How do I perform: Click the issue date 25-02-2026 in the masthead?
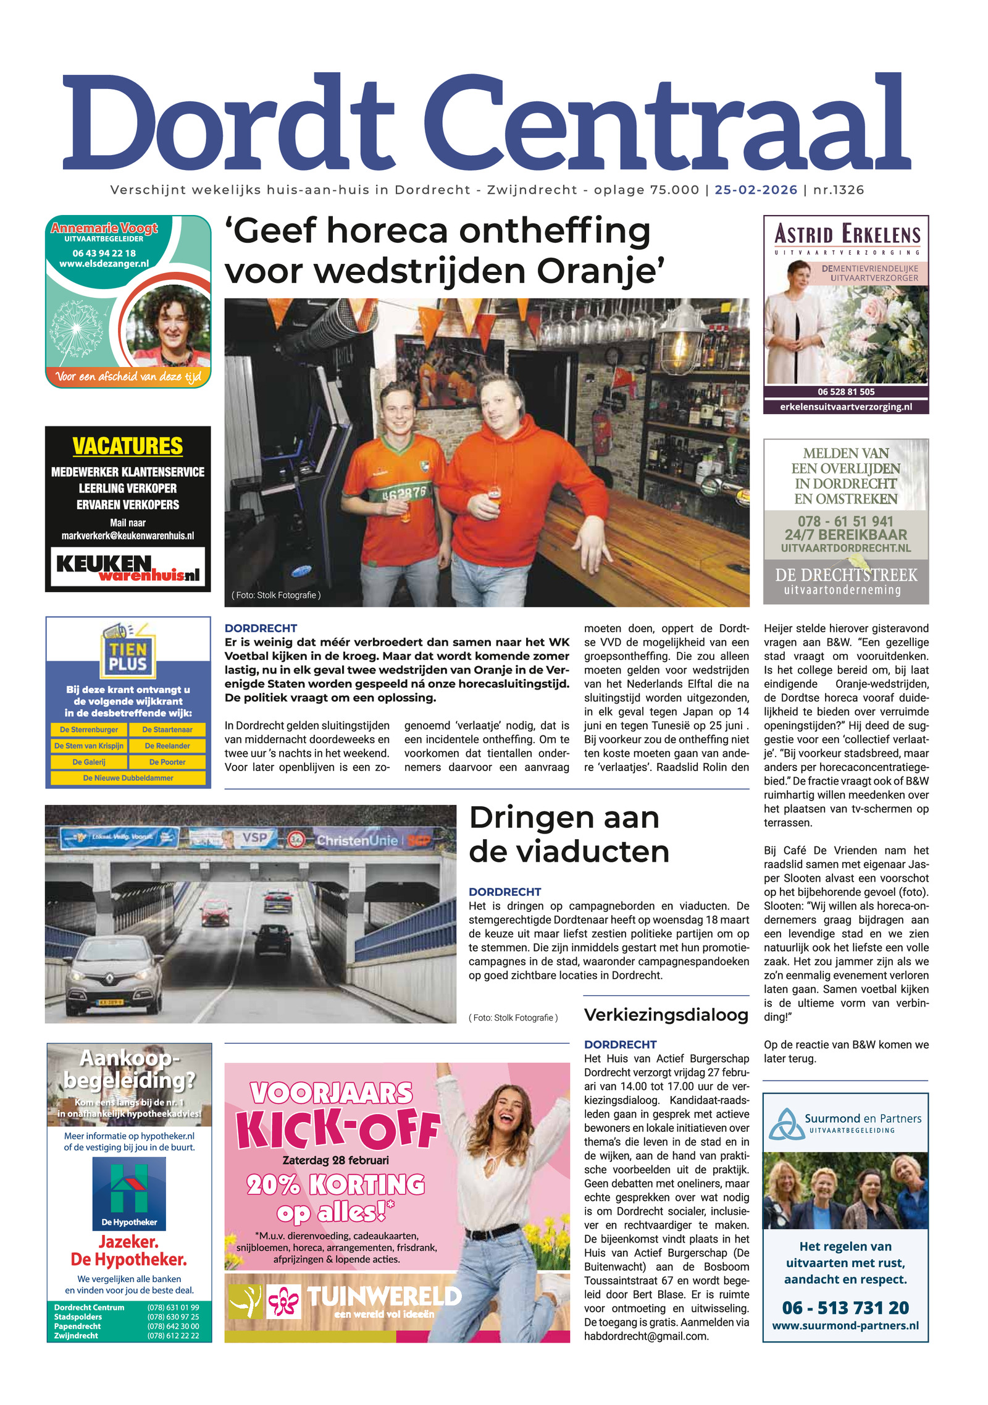(x=755, y=190)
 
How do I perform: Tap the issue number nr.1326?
(x=838, y=190)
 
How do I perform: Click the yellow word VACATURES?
(x=128, y=446)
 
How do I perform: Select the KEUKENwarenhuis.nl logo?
(x=128, y=567)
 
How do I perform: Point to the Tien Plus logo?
(x=128, y=653)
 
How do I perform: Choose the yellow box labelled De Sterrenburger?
(x=89, y=730)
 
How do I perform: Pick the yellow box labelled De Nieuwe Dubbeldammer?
(x=128, y=778)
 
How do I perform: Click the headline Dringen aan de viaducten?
(x=568, y=834)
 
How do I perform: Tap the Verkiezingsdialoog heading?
(x=666, y=1015)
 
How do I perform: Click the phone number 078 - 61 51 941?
(x=845, y=521)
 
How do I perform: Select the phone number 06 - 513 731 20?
(x=845, y=1307)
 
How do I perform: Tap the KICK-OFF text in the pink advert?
(x=338, y=1128)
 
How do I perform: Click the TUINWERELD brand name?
(x=384, y=1296)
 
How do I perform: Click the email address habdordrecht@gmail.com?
(x=646, y=1336)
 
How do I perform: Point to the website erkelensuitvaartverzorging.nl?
(x=845, y=407)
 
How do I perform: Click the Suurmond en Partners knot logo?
(x=785, y=1123)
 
